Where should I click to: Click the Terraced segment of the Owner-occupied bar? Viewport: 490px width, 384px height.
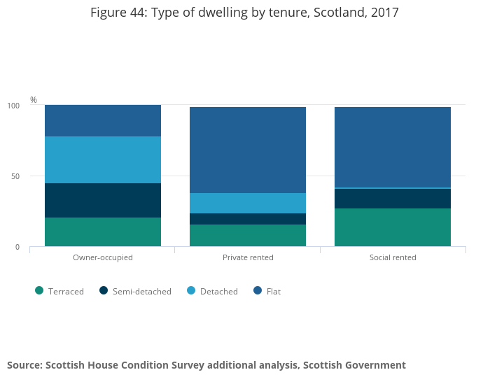click(x=103, y=232)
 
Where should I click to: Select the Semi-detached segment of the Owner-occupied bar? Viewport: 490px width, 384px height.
click(x=103, y=200)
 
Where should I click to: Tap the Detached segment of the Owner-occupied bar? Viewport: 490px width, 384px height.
click(x=103, y=159)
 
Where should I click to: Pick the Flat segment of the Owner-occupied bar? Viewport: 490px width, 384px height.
click(x=103, y=120)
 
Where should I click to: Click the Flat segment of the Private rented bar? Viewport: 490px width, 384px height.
click(x=248, y=150)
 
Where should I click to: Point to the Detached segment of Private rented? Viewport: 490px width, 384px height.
click(x=248, y=203)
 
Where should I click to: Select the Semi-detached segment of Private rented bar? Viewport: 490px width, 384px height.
click(x=248, y=219)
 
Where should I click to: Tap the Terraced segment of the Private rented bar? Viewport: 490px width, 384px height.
click(x=248, y=235)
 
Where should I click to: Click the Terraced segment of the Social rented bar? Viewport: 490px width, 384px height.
click(x=393, y=227)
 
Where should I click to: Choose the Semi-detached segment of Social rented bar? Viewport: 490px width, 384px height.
click(x=393, y=199)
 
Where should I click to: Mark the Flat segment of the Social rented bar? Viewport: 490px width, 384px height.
click(x=393, y=147)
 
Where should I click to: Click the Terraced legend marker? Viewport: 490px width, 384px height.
click(x=39, y=291)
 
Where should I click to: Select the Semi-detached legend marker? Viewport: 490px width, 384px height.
click(x=104, y=291)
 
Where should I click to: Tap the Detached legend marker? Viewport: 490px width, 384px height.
click(x=190, y=291)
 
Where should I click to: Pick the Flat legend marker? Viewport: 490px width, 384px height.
click(x=258, y=291)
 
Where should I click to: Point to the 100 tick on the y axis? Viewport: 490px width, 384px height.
click(x=13, y=106)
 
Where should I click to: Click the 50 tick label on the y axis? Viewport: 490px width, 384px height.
click(x=15, y=176)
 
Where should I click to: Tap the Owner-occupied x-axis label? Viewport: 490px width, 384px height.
click(x=103, y=257)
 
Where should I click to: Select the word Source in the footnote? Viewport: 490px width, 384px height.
click(x=23, y=365)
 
